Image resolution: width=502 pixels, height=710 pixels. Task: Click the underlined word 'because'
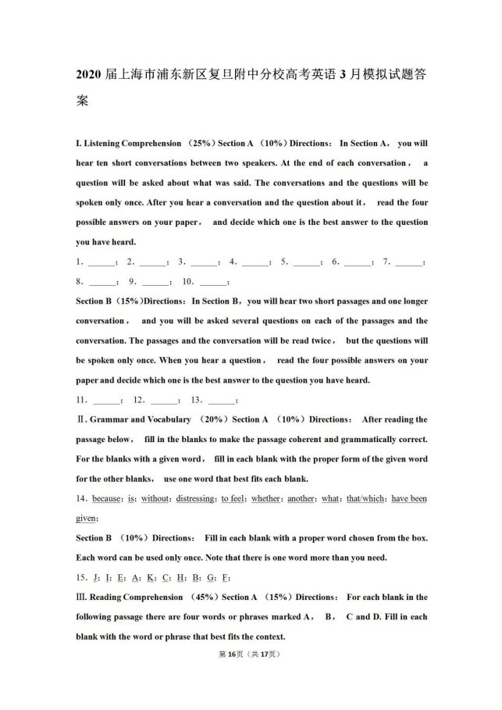click(107, 498)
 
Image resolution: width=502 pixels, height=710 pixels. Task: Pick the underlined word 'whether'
click(265, 498)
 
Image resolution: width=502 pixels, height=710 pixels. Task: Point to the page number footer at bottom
click(251, 655)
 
